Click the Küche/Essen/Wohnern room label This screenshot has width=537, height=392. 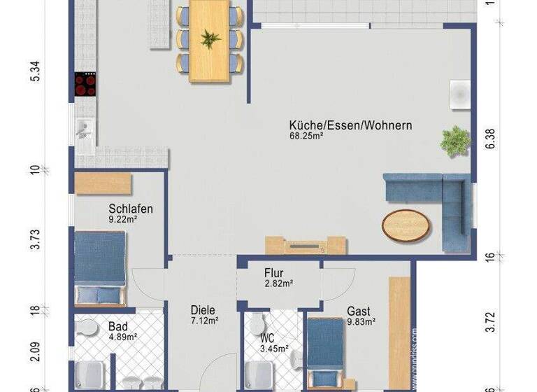point(350,126)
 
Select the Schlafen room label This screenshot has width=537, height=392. point(131,209)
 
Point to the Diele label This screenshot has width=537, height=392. point(203,310)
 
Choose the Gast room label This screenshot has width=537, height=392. point(359,311)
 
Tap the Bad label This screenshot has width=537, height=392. point(117,325)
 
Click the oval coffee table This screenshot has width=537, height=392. point(406,225)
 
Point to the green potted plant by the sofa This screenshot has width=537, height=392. point(454,140)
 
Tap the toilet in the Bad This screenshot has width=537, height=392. point(88,327)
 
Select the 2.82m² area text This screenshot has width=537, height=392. point(278,283)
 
